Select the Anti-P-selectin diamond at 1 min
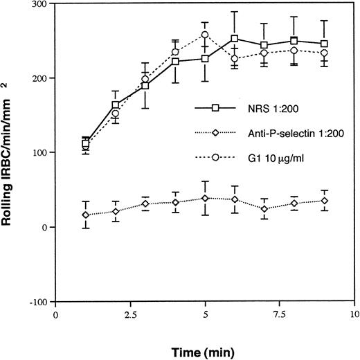click(x=85, y=215)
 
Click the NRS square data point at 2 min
click(x=115, y=105)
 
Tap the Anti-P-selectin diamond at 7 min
click(x=264, y=208)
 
